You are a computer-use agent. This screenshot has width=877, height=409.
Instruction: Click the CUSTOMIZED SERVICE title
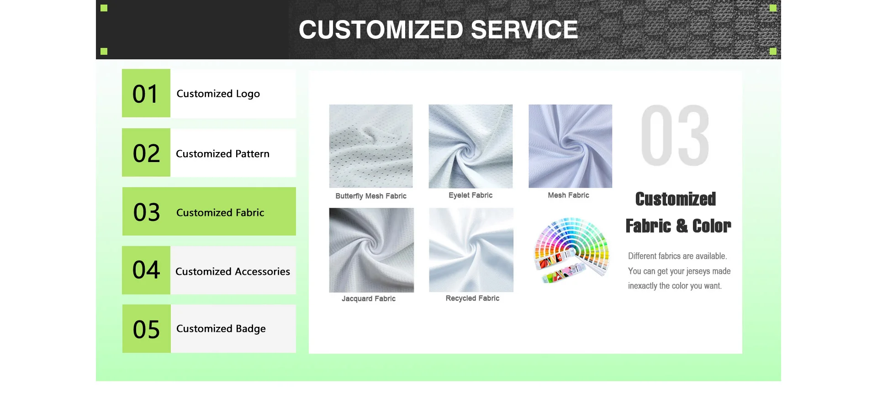[x=438, y=30]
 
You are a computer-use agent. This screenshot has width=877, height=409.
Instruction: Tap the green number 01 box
[x=146, y=93]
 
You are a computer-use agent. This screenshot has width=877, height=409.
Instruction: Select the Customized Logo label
[x=218, y=94]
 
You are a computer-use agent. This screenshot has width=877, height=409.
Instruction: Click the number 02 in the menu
[x=146, y=153]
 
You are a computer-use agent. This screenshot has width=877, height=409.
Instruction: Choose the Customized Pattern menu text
[x=223, y=154]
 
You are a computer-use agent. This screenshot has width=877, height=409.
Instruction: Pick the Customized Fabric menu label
[x=220, y=213]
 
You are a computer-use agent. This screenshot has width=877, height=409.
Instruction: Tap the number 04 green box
[x=146, y=270]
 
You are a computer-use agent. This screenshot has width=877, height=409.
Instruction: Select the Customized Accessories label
[x=233, y=272]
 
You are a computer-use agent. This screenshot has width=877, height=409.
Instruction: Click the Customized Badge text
[x=221, y=329]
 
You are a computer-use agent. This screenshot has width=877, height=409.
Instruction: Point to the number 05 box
[x=147, y=329]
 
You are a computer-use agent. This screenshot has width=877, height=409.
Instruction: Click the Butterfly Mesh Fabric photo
[x=371, y=146]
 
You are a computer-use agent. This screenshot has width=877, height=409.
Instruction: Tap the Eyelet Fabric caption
[x=470, y=195]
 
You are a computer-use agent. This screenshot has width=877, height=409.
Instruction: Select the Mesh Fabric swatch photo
[x=571, y=146]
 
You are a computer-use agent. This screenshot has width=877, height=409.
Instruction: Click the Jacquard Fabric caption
[x=369, y=299]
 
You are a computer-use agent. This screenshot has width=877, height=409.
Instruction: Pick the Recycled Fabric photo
[x=471, y=250]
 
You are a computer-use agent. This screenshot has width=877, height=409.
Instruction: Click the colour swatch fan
[x=571, y=250]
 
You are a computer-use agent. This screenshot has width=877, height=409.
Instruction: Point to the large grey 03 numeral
[x=675, y=136]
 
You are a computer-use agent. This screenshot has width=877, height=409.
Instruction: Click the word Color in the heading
[x=712, y=226]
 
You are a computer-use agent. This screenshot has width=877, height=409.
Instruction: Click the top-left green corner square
[x=104, y=8]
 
